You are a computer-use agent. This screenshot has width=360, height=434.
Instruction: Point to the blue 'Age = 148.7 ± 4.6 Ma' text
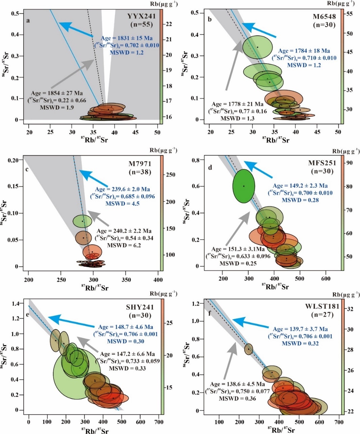tap(126, 327)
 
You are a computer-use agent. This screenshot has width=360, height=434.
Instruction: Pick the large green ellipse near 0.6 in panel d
tap(243, 186)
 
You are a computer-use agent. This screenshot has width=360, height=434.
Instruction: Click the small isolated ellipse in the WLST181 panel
tap(249, 349)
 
